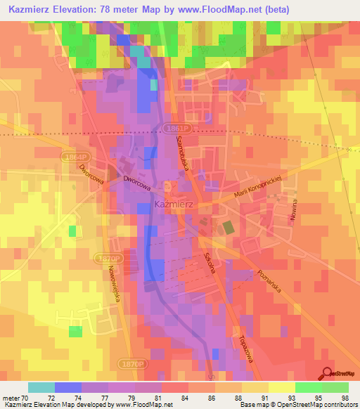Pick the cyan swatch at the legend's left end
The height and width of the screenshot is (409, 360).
41,387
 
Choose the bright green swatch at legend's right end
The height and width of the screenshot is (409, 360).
335,387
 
